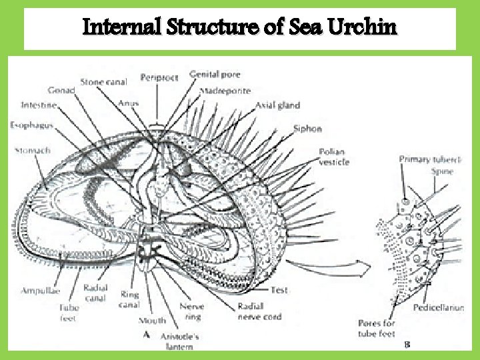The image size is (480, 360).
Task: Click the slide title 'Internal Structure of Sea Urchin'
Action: [x=239, y=28]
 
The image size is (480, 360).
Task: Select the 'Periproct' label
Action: [x=159, y=78]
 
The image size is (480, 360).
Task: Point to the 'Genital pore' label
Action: [x=215, y=74]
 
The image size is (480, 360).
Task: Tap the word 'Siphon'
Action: [x=307, y=129]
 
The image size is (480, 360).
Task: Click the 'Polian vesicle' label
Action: [x=333, y=157]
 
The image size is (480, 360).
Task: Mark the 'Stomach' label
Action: [x=33, y=151]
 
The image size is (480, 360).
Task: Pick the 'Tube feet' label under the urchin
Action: [x=69, y=313]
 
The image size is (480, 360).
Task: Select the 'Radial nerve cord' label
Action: [x=259, y=311]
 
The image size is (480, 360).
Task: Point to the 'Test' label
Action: [x=279, y=290]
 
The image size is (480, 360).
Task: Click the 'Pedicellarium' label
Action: [x=439, y=308]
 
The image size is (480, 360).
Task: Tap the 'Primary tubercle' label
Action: [x=431, y=159]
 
